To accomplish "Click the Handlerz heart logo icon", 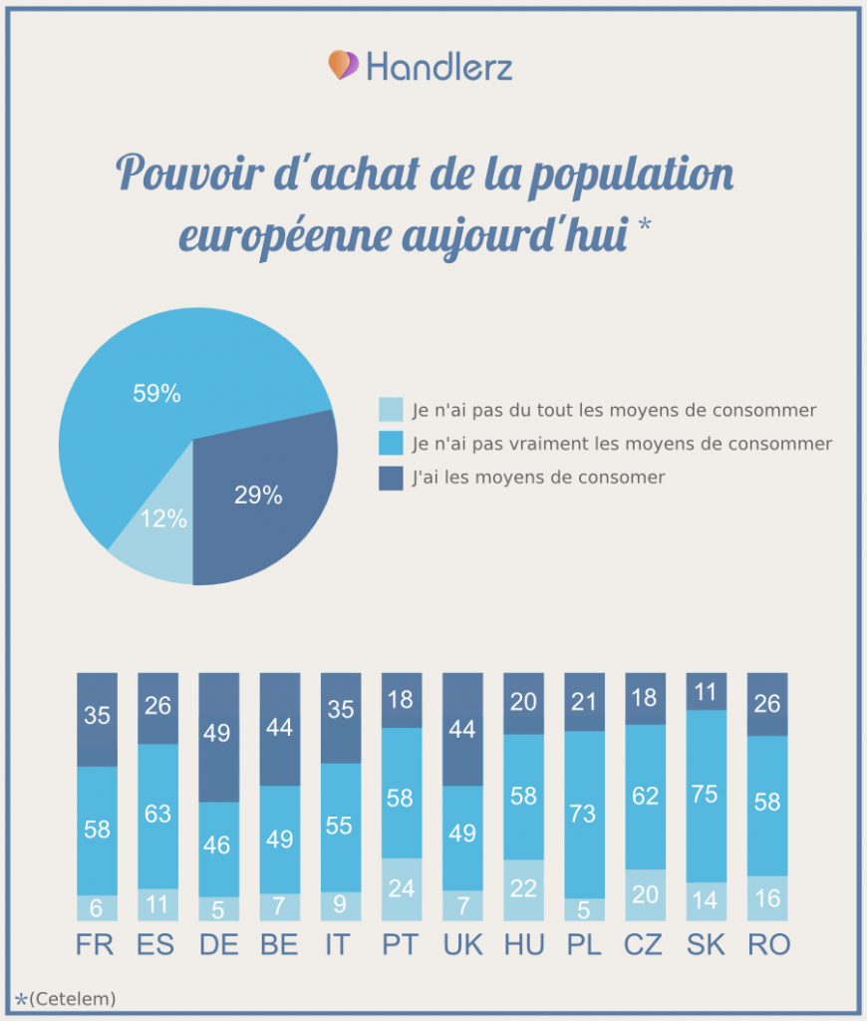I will (343, 66).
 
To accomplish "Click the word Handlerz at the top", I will (438, 67).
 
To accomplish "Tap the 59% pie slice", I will (159, 393).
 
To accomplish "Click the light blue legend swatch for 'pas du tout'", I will (391, 410).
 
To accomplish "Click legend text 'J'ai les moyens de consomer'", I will (538, 478).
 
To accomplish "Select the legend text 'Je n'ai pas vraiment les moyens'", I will (622, 444).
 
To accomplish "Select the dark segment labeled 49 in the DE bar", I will (218, 736).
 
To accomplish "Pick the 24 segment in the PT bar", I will (402, 888).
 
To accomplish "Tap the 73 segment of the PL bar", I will (584, 814).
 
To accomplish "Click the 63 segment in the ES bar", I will (157, 815).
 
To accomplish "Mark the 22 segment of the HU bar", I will (523, 889).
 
